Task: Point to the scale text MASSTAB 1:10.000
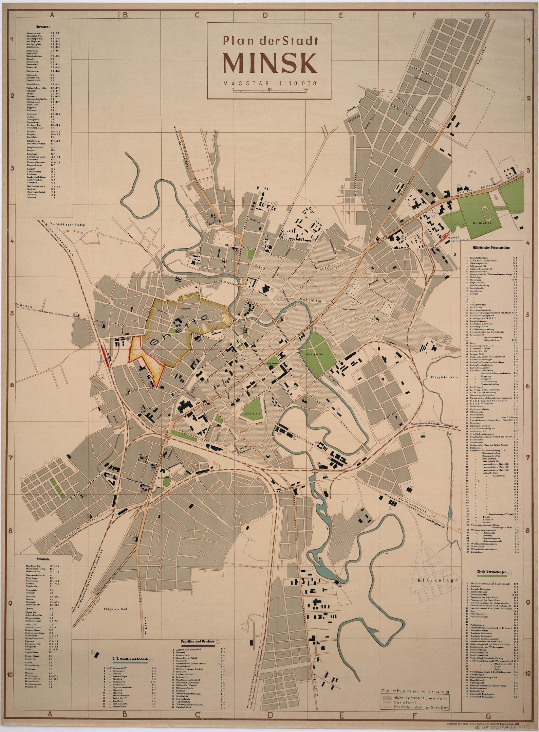point(270,83)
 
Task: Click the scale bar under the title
point(270,90)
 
